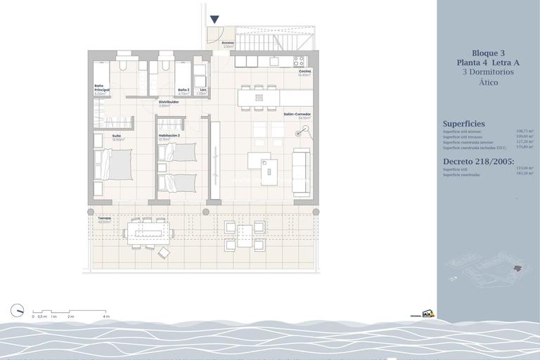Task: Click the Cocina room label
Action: coord(304,71)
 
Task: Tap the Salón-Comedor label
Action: coord(297,114)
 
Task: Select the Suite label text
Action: coord(117,136)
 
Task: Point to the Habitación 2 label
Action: coord(169,136)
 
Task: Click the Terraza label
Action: coord(105,219)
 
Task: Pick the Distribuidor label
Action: coord(168,102)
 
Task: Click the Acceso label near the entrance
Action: coord(227,43)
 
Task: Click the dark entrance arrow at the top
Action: coord(214,20)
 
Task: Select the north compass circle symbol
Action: coord(18,310)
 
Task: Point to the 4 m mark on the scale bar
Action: coord(107,316)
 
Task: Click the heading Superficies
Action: coord(463,124)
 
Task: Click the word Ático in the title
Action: coord(488,82)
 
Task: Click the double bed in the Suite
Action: coord(112,165)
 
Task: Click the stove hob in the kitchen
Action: coord(299,61)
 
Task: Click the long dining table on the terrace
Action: coord(147,233)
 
